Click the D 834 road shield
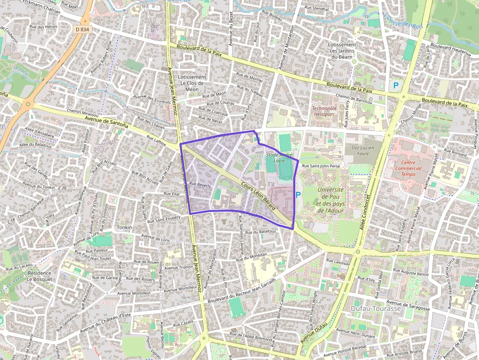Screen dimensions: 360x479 (x=83, y=30)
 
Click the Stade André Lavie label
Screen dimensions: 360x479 (x=279, y=158)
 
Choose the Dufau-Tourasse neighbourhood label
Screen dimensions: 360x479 (x=376, y=309)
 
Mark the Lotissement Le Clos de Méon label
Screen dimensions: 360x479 (x=192, y=83)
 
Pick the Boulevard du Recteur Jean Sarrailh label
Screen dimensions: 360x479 (x=241, y=291)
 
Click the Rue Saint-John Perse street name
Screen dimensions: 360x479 (x=321, y=166)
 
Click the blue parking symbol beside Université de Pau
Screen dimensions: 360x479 (x=298, y=194)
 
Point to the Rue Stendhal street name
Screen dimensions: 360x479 (x=317, y=9)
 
